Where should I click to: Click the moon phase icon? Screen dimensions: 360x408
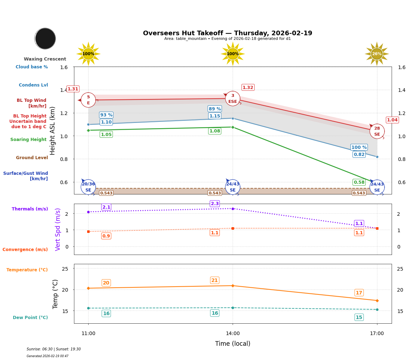point(45,38)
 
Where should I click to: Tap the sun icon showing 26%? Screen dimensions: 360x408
point(377,54)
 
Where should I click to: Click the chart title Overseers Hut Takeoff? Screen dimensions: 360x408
point(227,33)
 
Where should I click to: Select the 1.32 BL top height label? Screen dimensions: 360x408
point(248,88)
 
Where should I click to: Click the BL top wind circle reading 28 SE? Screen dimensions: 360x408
point(377,131)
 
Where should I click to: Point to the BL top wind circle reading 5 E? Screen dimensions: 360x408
point(88,100)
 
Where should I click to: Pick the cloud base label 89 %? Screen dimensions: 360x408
point(214,109)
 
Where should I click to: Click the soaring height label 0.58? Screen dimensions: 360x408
point(359,182)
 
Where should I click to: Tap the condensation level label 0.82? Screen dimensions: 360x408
point(359,155)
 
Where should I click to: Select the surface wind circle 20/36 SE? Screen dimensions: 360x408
point(88,187)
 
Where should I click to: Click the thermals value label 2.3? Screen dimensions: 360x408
point(215,204)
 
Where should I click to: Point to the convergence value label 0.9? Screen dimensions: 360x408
point(106,236)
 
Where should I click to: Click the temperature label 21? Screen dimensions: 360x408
point(214,280)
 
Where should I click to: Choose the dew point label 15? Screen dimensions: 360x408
point(359,317)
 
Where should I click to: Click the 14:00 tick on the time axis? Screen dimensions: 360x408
point(233,334)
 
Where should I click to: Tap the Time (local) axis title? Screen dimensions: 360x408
point(233,344)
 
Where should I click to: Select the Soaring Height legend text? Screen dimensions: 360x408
point(28,140)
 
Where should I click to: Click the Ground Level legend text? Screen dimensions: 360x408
point(32,158)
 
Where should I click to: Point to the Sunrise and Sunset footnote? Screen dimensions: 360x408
point(54,349)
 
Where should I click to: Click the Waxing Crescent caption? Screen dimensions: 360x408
point(45,59)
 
